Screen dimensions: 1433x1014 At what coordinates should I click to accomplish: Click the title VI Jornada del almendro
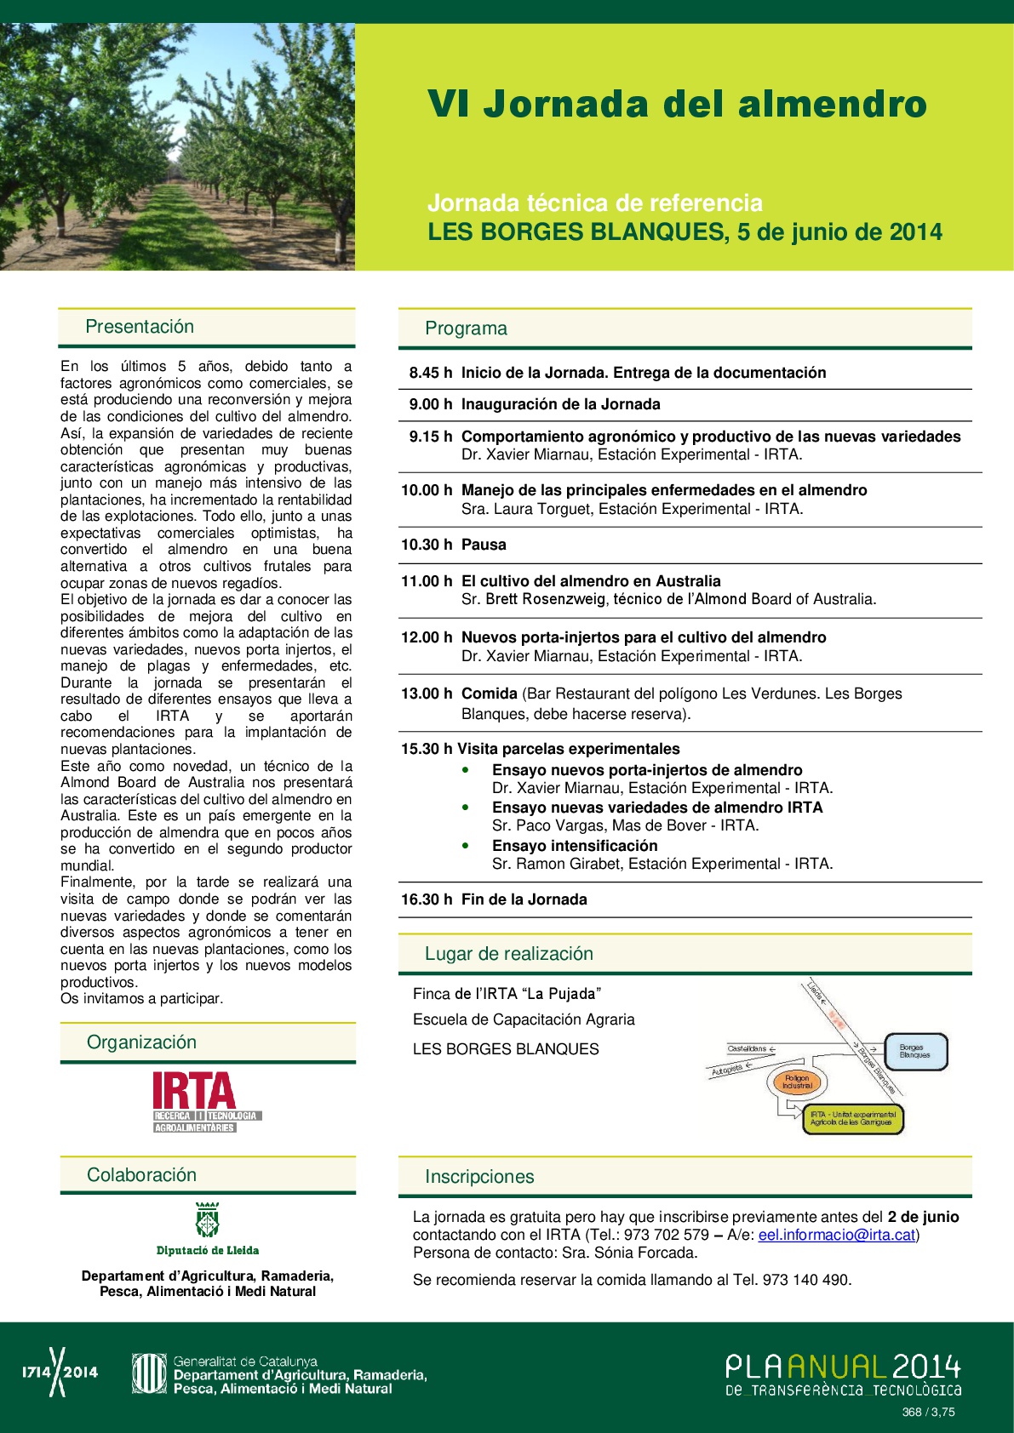[677, 105]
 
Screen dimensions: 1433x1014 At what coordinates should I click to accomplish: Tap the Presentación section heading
[140, 327]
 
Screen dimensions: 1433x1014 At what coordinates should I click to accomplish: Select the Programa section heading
[466, 328]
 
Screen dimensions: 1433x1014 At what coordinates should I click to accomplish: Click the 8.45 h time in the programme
[430, 373]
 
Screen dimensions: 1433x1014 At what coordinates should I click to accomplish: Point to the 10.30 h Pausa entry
[454, 545]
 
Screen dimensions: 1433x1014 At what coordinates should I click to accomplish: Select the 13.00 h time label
[427, 694]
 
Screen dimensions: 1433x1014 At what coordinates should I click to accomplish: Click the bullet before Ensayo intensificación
[466, 846]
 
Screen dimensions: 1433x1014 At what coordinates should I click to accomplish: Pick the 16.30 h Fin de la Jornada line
[494, 899]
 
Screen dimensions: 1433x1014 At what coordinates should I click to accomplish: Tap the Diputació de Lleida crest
[208, 1220]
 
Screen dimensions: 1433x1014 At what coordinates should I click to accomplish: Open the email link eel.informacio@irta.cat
[837, 1235]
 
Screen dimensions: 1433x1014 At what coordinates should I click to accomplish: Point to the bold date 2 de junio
[923, 1217]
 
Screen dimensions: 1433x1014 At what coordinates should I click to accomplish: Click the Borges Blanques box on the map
[915, 1052]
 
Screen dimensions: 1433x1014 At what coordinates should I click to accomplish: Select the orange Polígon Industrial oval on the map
[798, 1082]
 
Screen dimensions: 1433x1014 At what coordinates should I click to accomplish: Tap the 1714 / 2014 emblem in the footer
[59, 1372]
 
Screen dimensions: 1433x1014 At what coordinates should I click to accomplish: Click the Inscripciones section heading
[479, 1177]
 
